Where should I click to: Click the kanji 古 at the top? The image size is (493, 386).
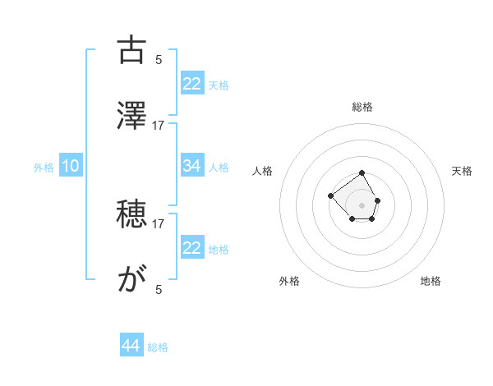pos(131,50)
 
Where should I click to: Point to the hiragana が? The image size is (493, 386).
pos(131,280)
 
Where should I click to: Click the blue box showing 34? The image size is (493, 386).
pos(191,166)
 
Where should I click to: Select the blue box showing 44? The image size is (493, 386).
pos(131,347)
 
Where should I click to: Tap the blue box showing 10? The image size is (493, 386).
pos(71,167)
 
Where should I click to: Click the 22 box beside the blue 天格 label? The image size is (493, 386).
pos(191,84)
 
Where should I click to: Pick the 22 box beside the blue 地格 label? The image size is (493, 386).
pos(191,248)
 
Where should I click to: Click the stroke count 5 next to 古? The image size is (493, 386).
pos(159,59)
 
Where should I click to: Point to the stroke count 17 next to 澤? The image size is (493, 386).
pos(159,125)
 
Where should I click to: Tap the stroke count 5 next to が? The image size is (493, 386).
pos(159,289)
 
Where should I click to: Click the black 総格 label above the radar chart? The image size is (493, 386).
pos(362,107)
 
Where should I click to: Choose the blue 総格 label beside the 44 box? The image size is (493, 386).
pos(158,347)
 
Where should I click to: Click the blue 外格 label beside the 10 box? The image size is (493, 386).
pos(44,168)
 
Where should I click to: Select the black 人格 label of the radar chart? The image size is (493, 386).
pos(263,171)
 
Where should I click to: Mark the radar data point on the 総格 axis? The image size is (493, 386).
pos(362,174)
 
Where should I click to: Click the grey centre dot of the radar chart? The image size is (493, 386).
pos(362,204)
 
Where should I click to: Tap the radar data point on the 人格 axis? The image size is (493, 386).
pos(330,195)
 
